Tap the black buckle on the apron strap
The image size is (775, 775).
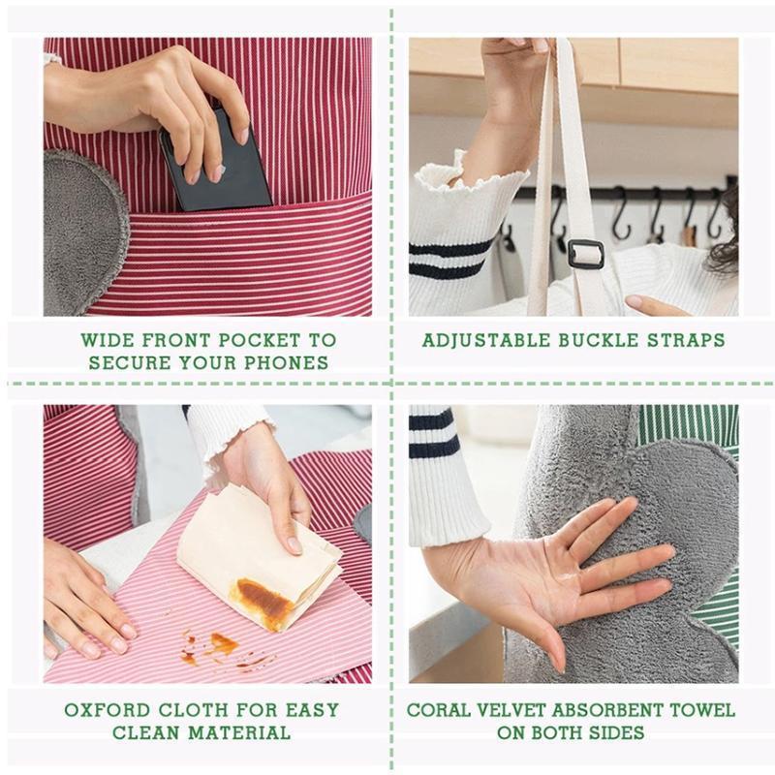pos(585,254)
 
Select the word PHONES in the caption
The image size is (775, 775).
pos(292,363)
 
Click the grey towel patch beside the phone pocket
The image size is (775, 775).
pos(82,232)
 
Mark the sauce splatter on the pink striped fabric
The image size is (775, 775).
pos(218,647)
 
